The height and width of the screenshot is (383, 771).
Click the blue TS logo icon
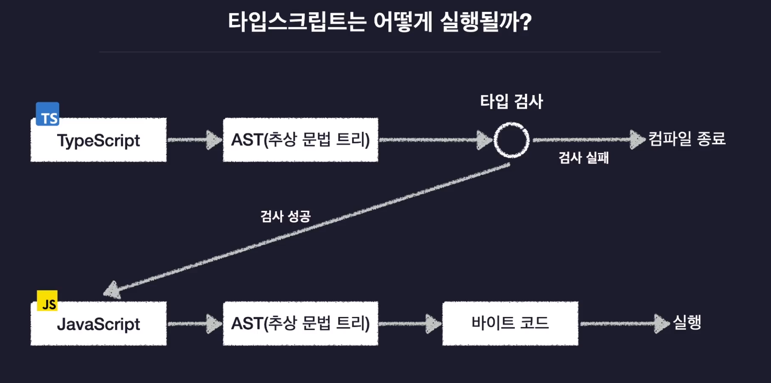pos(48,114)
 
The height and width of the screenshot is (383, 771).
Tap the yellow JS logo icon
pos(47,301)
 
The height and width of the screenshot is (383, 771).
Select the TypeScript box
pos(98,140)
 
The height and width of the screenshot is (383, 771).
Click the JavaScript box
pos(98,324)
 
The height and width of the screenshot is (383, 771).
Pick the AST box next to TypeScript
pos(300,140)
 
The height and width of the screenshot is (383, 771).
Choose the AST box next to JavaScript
pos(300,323)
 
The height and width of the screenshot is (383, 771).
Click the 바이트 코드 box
pos(510,323)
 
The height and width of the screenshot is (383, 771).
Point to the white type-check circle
pos(511,140)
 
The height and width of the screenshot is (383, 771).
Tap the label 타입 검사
pos(511,102)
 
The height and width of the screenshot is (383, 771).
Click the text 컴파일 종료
pos(687,139)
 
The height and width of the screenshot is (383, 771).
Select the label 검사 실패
pos(583,158)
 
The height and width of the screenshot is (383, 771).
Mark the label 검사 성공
pos(286,216)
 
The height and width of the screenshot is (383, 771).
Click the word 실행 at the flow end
pos(687,323)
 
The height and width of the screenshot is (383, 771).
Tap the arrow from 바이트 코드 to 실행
pos(624,323)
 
